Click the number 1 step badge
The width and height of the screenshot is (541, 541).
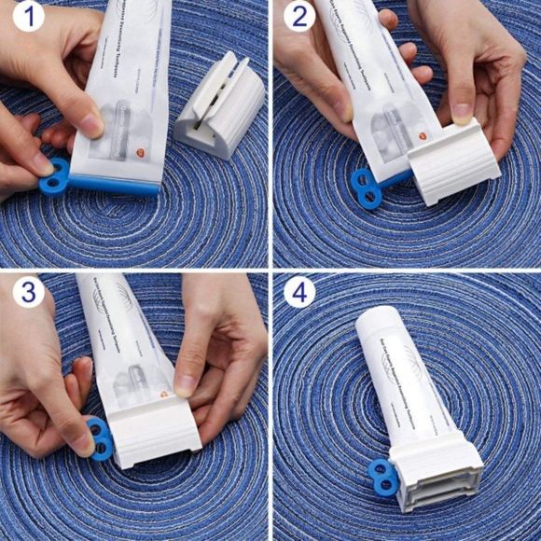point(28,16)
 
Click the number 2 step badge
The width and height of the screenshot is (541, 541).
point(298,16)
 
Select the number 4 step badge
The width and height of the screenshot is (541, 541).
point(298,292)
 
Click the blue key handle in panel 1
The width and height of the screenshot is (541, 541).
point(55,176)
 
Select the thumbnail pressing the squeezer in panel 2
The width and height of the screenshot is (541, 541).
point(463,112)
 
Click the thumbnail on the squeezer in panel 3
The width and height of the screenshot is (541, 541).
point(185,382)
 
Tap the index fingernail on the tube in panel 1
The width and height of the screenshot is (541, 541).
point(91,123)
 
